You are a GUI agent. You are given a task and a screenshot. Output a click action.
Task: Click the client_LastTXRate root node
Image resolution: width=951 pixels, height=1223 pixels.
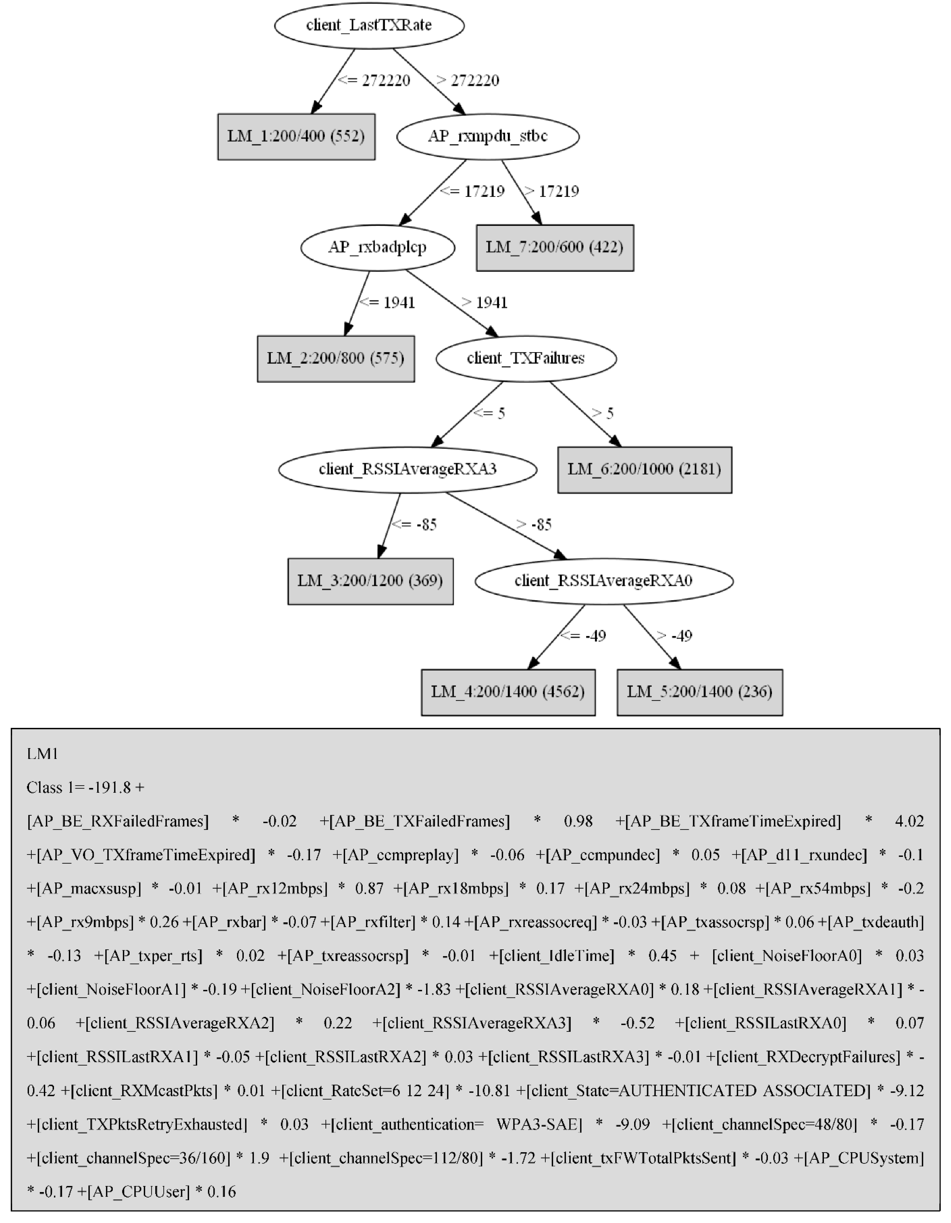click(x=369, y=25)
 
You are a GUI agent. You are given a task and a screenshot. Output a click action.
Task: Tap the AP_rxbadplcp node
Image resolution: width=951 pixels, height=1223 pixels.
click(x=378, y=247)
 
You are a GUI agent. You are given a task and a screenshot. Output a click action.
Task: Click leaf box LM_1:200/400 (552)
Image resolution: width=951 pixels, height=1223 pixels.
click(x=296, y=137)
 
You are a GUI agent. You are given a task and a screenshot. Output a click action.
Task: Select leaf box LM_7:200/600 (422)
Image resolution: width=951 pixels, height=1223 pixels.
click(x=554, y=247)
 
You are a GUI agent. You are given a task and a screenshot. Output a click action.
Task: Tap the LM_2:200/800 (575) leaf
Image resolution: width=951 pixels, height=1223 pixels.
click(x=335, y=358)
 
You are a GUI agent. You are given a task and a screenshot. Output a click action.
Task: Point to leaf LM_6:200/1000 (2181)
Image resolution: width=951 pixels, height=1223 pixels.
click(x=644, y=469)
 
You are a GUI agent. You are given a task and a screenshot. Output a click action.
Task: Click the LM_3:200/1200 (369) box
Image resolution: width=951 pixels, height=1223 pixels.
click(x=370, y=581)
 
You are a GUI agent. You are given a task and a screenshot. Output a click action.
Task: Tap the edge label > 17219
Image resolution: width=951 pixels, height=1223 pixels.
click(x=552, y=191)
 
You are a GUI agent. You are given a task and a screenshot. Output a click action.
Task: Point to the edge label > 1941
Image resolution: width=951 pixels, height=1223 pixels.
click(x=485, y=303)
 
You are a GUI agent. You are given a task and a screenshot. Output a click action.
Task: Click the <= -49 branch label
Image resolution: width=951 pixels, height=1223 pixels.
click(x=584, y=636)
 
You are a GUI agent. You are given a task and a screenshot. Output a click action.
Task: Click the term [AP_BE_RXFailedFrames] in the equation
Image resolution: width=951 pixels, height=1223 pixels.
click(x=118, y=822)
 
